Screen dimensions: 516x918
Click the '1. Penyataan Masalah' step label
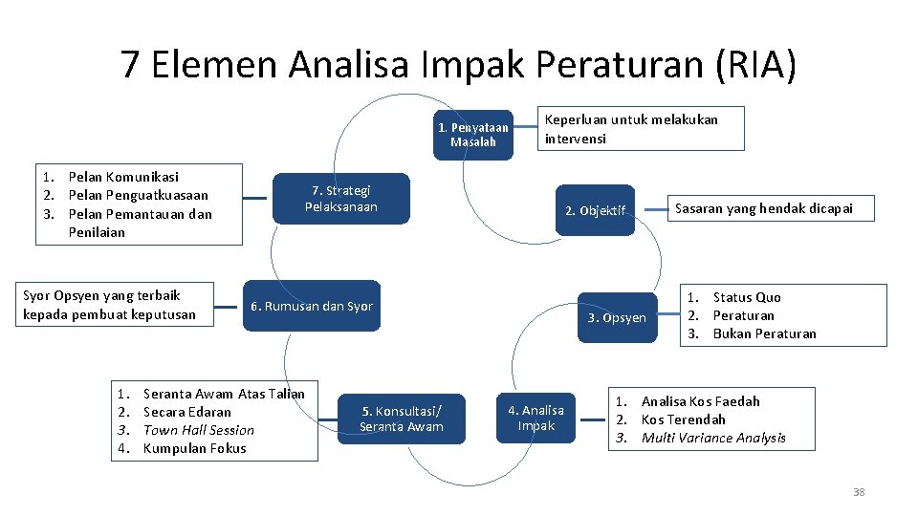click(x=472, y=134)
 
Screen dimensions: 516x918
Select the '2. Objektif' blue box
click(x=595, y=210)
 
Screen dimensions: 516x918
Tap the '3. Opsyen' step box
click(x=617, y=317)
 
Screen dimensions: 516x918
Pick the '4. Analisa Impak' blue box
click(x=535, y=418)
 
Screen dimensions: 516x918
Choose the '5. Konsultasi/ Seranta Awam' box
click(x=402, y=419)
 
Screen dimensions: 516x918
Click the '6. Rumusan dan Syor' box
click(x=311, y=306)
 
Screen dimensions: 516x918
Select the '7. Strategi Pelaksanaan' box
click(x=340, y=199)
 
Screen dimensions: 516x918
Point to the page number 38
click(x=858, y=492)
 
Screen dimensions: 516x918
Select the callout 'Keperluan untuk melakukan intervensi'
click(x=640, y=128)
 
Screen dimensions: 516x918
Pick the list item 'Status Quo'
click(x=747, y=297)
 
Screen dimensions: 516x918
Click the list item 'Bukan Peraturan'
click(x=764, y=333)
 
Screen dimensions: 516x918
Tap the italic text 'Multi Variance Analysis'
click(x=713, y=438)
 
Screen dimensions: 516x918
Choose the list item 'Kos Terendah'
click(x=683, y=419)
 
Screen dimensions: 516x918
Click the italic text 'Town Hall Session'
click(x=198, y=430)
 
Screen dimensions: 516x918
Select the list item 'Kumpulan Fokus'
click(x=194, y=448)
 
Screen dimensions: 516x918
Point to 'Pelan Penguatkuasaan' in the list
click(x=138, y=195)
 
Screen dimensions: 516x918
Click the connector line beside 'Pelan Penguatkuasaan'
click(x=254, y=198)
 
